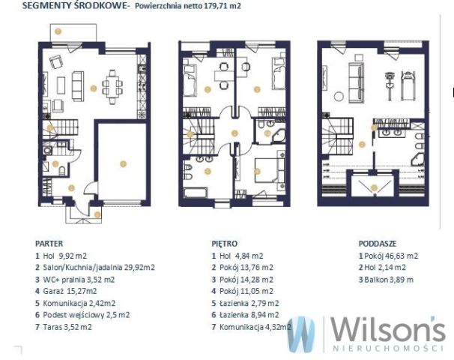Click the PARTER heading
coord(49,244)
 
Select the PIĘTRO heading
coord(225,244)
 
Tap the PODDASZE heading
coord(378,244)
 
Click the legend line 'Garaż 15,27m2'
coord(66,291)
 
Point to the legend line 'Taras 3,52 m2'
coord(64,327)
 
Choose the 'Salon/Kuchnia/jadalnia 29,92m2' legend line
coord(95,267)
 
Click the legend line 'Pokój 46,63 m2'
coord(388,256)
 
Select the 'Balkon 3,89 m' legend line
coord(386,280)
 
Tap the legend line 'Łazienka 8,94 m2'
coord(245,315)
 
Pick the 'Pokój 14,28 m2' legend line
coord(242,280)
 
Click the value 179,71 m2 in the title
coord(223,6)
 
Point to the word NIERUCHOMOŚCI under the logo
coord(388,348)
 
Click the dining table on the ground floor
coord(112,87)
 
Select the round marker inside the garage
coord(123,164)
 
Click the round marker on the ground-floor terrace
coord(58,31)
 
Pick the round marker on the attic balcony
coord(374,187)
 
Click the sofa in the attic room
coord(356,83)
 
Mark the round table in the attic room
coord(339,97)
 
